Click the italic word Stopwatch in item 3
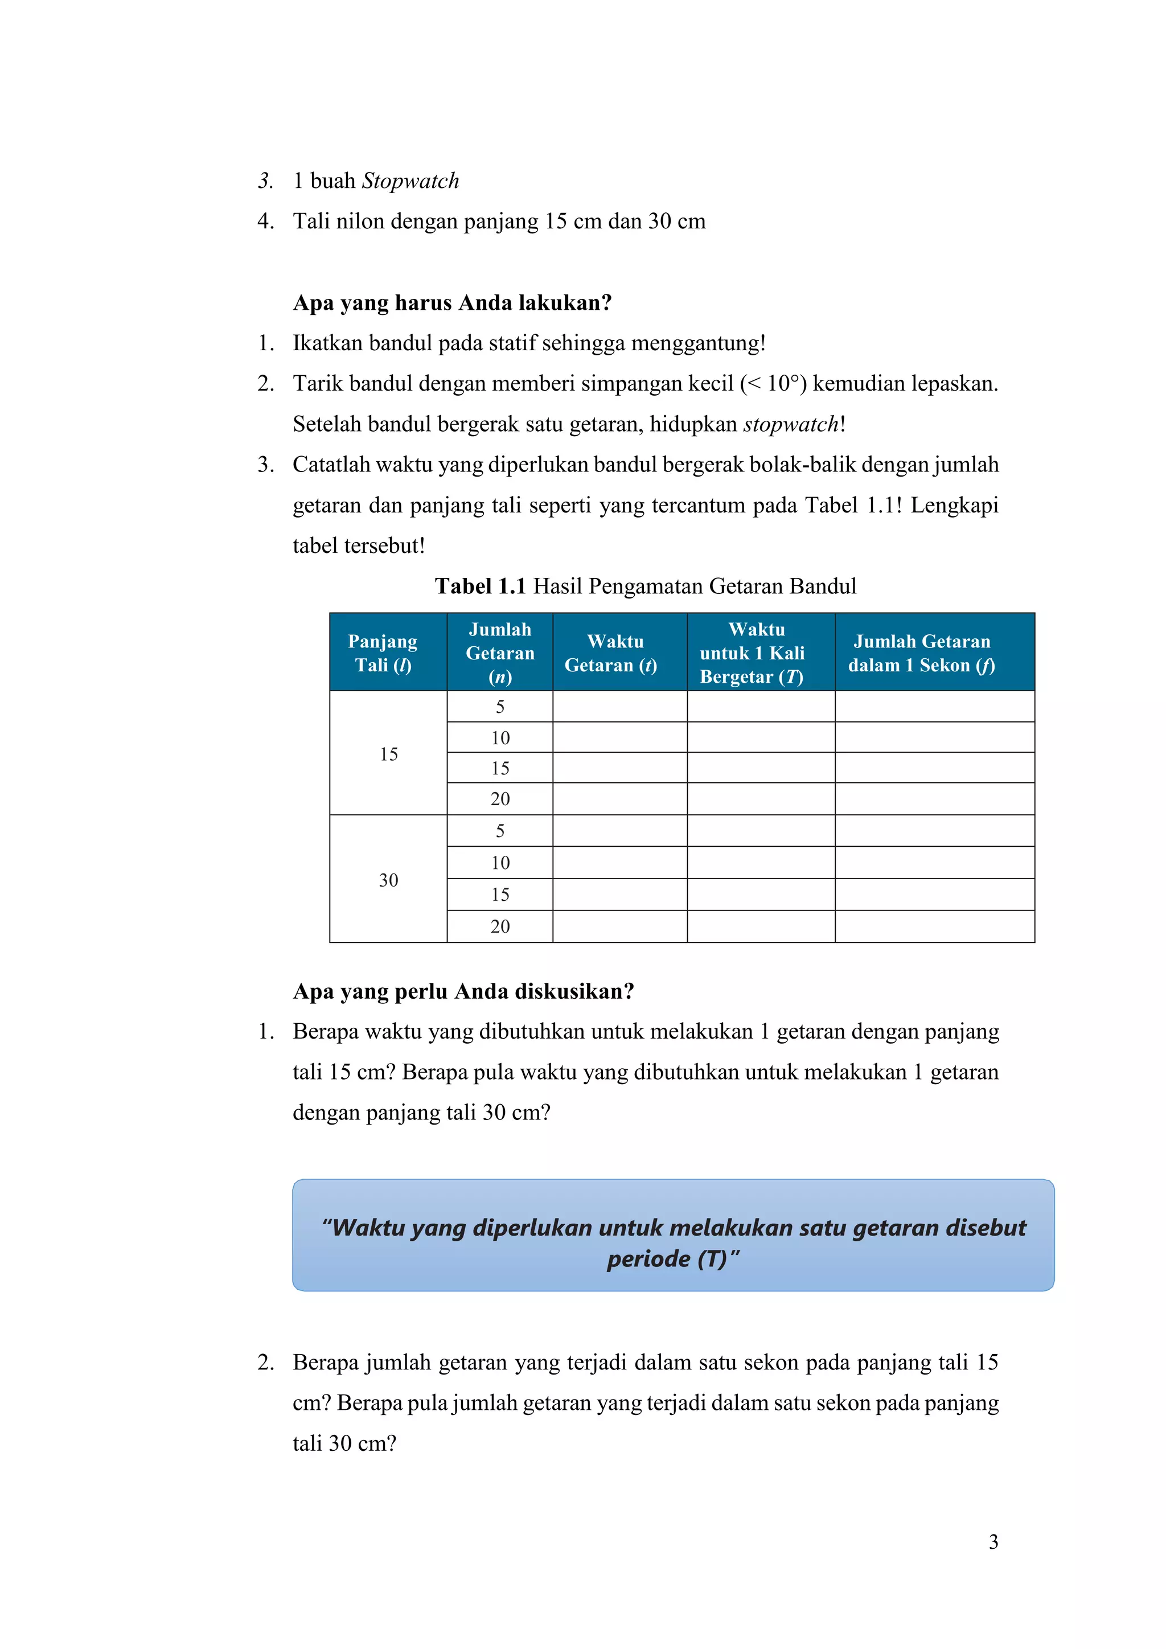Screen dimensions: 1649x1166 coord(410,181)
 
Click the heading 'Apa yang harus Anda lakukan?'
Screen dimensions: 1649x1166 coord(452,302)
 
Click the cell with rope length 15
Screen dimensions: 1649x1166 coord(388,753)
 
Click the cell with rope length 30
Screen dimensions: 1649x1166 coord(388,880)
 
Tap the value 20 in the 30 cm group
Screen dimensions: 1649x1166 coord(500,926)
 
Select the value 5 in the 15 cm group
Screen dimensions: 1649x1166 coord(500,707)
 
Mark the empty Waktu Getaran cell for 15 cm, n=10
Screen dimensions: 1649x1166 coord(619,737)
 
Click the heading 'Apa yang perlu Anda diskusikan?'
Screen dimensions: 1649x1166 coord(463,991)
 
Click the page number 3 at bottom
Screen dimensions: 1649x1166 coord(993,1541)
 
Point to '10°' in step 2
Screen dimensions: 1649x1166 coord(782,384)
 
